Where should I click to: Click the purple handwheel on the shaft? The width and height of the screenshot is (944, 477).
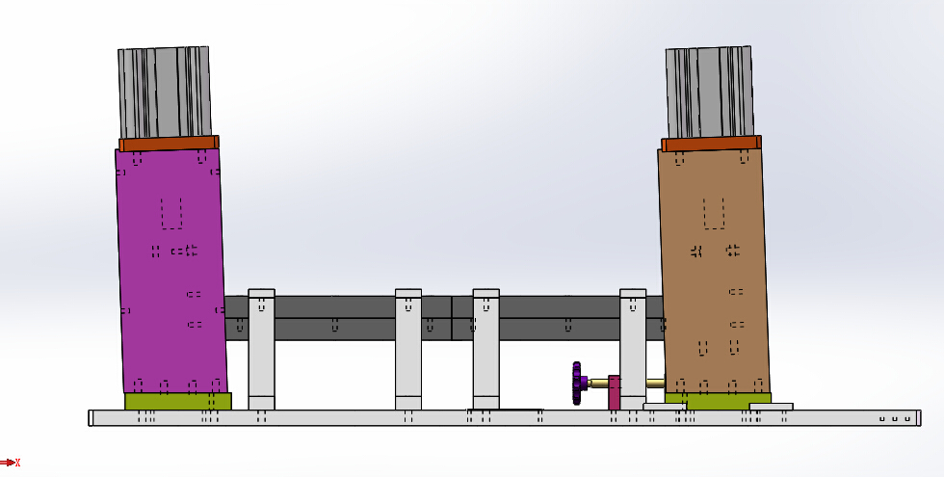[x=577, y=384]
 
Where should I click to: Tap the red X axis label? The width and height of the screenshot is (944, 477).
[x=17, y=464]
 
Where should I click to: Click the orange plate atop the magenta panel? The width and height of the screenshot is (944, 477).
[x=169, y=144]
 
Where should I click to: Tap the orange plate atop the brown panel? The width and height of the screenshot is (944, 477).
[x=711, y=144]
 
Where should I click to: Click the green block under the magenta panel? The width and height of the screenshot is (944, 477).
[x=177, y=401]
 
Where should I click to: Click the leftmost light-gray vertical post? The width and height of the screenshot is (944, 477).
[x=261, y=349]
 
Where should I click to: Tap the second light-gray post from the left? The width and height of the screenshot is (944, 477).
[x=408, y=349]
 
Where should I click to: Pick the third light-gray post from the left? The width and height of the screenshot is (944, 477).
[x=485, y=349]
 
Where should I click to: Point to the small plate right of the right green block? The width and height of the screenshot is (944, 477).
[x=771, y=407]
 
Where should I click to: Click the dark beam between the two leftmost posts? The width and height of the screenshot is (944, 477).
[x=334, y=318]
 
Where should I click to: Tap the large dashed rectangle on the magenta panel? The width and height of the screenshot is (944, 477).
[x=171, y=213]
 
